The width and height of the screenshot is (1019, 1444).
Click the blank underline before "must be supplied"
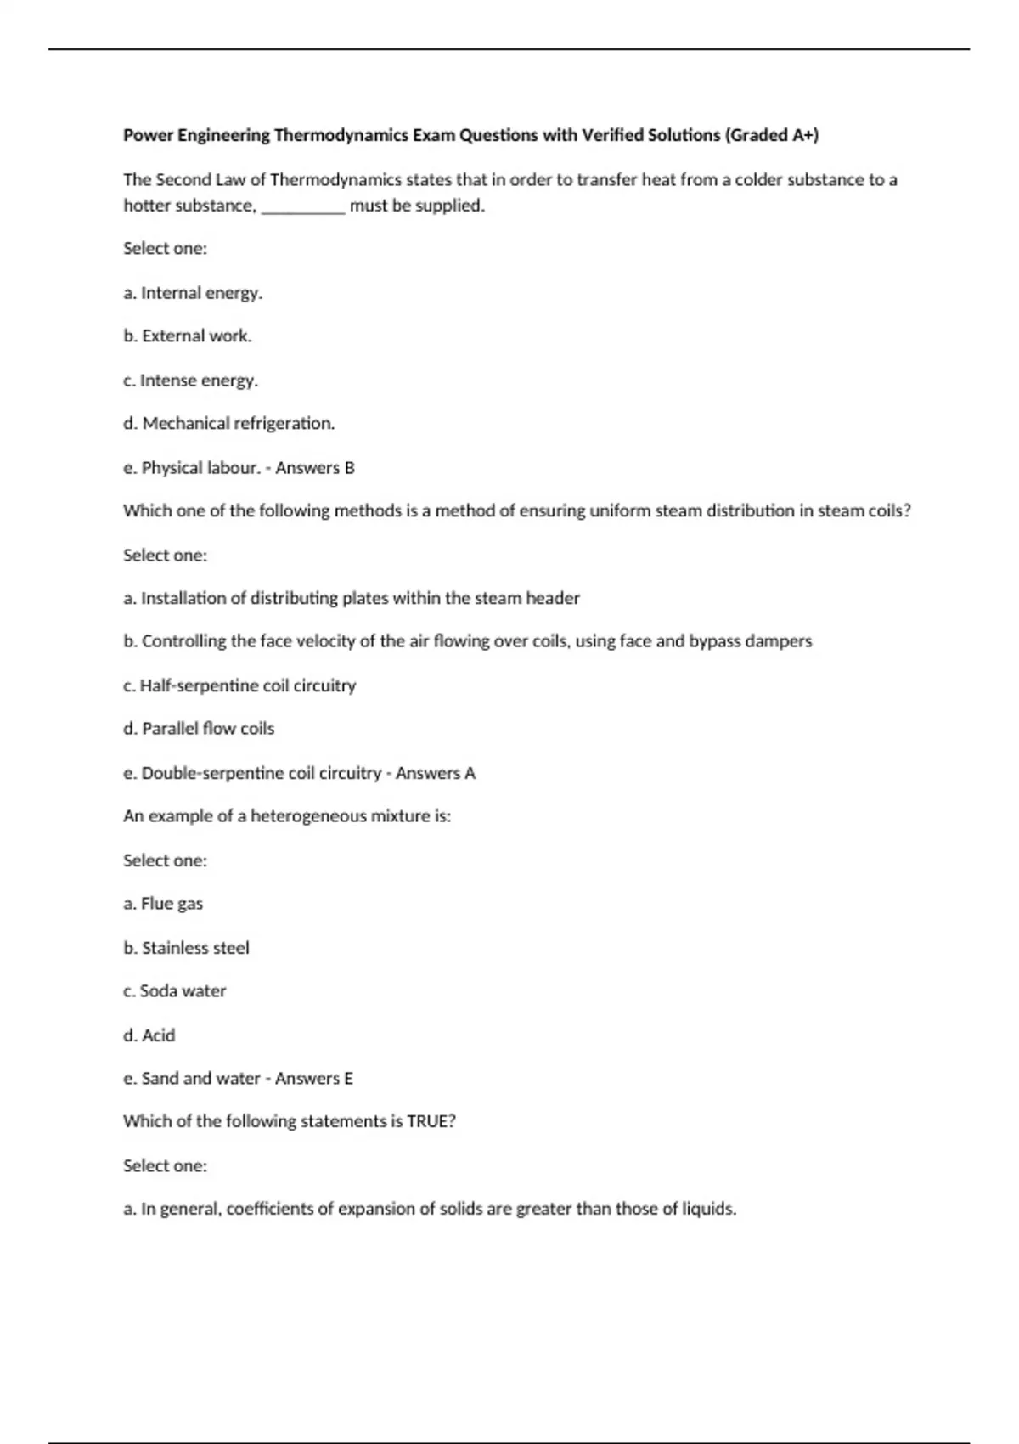[303, 206]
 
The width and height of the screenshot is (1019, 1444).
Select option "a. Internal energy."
[193, 293]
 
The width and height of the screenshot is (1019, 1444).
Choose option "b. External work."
[188, 336]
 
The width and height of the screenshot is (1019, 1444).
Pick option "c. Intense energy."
[190, 381]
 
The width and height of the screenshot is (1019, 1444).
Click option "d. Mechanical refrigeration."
[229, 423]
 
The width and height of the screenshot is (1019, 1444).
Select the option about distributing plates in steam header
[352, 598]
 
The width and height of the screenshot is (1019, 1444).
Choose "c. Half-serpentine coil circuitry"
[239, 685]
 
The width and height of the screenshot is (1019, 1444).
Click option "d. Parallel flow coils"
[199, 729]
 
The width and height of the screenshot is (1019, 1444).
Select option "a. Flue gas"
[163, 904]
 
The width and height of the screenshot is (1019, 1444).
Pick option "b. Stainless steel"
[187, 948]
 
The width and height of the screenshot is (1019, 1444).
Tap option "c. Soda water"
[175, 991]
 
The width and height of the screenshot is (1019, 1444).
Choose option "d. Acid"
[149, 1035]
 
